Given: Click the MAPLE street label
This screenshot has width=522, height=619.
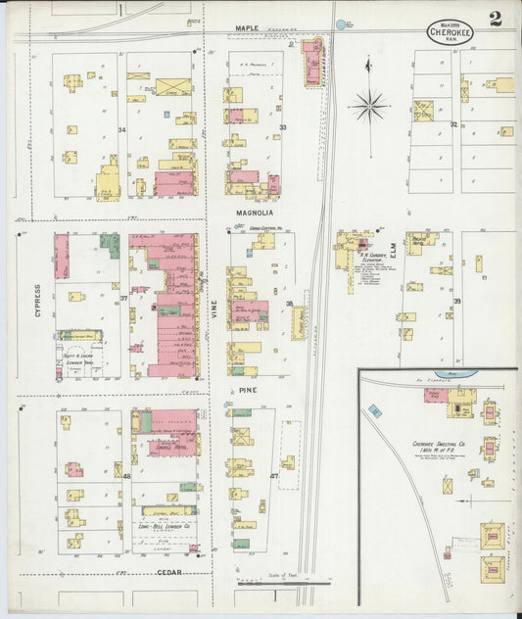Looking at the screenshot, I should click(x=247, y=30).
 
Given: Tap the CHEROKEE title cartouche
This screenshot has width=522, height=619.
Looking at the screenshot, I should click(x=449, y=30).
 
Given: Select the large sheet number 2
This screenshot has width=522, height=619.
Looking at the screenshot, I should click(x=497, y=20).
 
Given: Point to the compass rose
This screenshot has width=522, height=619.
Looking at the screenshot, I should click(x=369, y=104).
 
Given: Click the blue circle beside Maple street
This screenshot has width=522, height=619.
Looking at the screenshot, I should click(x=341, y=24).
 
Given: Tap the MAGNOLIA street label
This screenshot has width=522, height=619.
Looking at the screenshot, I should click(x=254, y=213).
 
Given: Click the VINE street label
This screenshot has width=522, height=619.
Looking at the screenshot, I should click(x=213, y=309).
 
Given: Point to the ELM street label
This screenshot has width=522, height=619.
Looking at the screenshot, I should click(x=390, y=254).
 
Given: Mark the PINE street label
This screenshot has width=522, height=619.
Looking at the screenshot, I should click(x=248, y=390).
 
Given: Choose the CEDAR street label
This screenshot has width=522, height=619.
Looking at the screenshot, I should click(x=169, y=572).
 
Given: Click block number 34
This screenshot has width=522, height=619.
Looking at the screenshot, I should click(x=122, y=129).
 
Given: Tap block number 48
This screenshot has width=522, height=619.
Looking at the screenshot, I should click(x=126, y=477).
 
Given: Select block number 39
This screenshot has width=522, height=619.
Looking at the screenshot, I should click(x=456, y=302).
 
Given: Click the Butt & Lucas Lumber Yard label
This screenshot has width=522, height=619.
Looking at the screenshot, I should click(x=79, y=360).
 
